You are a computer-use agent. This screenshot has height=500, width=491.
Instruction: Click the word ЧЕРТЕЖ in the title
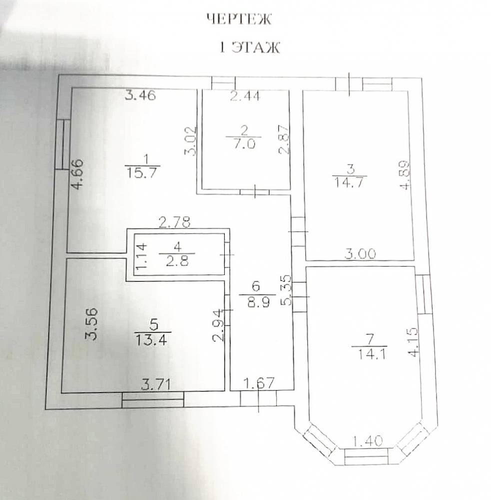click(239, 19)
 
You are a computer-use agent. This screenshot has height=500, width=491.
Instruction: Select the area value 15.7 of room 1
click(142, 173)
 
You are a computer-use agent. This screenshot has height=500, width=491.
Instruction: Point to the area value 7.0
click(244, 144)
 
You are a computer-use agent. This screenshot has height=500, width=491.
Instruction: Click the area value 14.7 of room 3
click(349, 183)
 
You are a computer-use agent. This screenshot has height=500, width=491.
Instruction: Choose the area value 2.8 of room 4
click(177, 261)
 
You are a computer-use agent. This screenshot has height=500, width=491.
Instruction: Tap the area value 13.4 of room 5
click(152, 340)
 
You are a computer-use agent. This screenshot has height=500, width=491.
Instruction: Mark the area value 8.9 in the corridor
click(258, 301)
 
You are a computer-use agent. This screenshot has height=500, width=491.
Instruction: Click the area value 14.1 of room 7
click(371, 354)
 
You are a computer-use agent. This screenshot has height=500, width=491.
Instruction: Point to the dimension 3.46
click(140, 95)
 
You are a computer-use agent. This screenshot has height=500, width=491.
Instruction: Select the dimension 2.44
click(245, 95)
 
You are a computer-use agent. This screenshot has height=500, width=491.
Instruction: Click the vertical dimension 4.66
click(78, 174)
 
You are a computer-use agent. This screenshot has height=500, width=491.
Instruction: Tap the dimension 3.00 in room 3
click(360, 254)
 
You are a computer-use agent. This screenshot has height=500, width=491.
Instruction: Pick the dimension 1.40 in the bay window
click(368, 441)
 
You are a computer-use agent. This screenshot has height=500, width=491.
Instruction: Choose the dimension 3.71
click(156, 384)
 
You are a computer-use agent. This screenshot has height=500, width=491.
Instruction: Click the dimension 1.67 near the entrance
click(259, 383)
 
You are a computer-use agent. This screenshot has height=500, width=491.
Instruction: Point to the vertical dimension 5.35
click(286, 290)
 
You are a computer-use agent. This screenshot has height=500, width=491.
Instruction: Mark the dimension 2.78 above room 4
click(175, 222)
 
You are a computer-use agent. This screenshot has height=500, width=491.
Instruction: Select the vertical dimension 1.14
click(141, 255)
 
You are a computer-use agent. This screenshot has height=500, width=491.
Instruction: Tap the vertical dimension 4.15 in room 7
click(413, 342)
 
